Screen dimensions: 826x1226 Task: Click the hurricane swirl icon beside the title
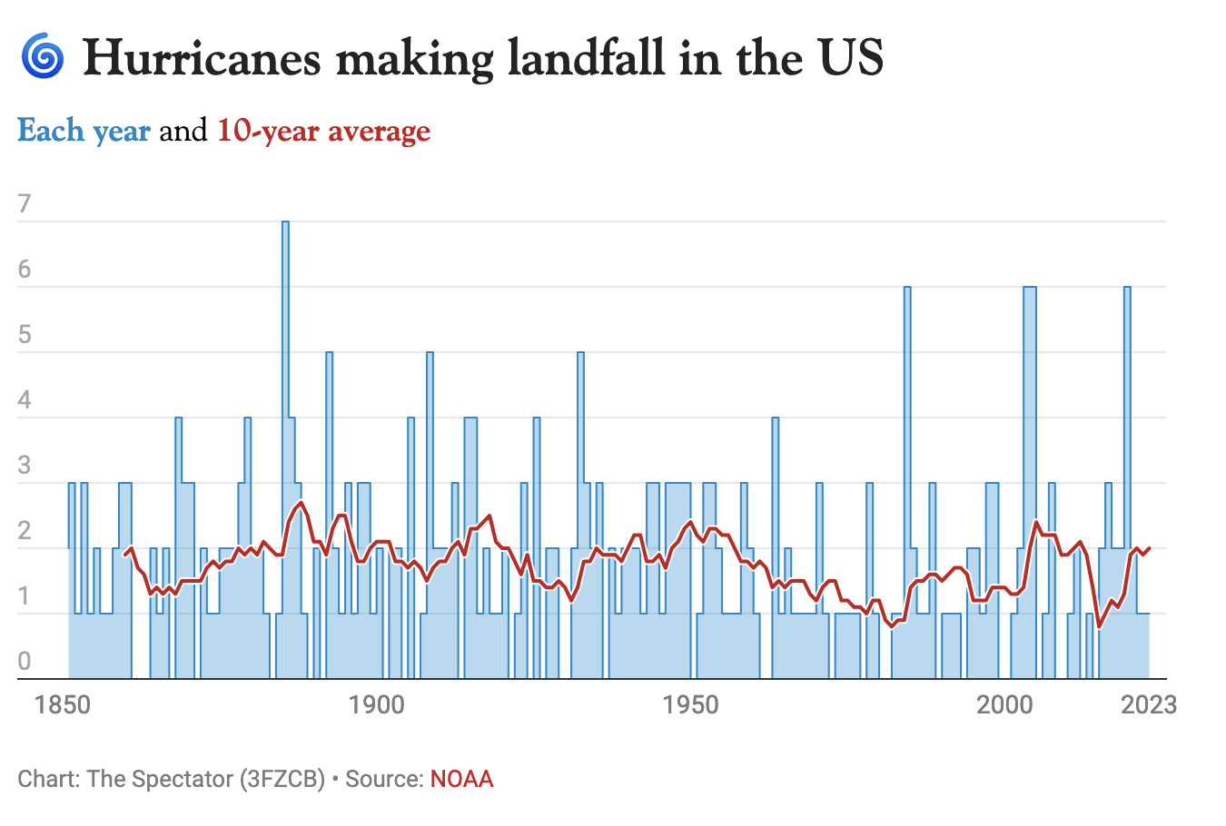click(42, 56)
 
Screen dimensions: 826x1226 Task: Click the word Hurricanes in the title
click(202, 58)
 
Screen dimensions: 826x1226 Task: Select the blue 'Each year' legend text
click(84, 132)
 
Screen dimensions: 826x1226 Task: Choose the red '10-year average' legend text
click(323, 132)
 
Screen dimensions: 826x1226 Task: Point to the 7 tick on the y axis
click(25, 203)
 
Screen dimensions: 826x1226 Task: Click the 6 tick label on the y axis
click(25, 270)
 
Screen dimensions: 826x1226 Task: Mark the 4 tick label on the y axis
click(25, 400)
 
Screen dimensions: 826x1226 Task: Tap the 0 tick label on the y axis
click(25, 662)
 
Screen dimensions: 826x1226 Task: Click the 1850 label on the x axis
click(63, 705)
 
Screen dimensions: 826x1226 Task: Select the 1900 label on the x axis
click(377, 705)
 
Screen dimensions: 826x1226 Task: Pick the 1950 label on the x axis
click(691, 705)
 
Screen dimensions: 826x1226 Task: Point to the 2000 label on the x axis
click(1004, 705)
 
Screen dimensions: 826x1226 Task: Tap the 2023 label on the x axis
click(1149, 705)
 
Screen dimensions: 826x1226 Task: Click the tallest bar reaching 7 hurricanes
click(285, 363)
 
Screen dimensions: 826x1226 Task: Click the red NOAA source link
click(461, 779)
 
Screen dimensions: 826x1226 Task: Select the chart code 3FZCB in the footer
click(282, 779)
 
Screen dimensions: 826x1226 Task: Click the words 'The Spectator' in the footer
click(160, 779)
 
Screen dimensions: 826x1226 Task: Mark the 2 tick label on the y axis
click(25, 531)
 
